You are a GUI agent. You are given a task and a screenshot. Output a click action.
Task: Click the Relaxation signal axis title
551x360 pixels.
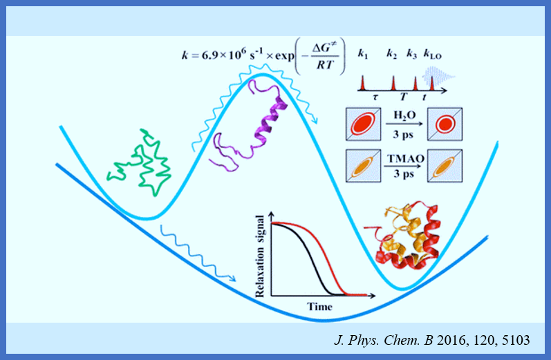(x=261, y=255)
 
